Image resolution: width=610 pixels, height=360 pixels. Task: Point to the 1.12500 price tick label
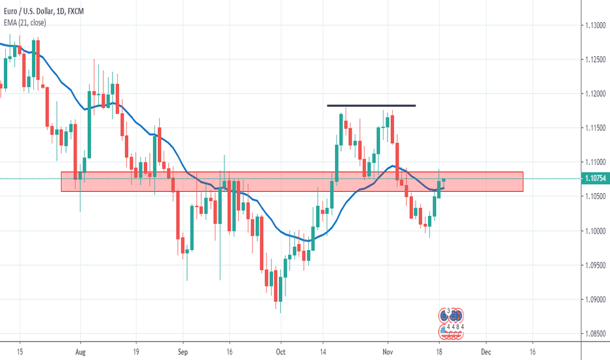594,60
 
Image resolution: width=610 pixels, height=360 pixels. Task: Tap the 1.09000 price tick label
594,300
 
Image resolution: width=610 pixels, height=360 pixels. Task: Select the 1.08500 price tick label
594,334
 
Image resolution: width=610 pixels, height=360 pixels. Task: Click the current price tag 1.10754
594,178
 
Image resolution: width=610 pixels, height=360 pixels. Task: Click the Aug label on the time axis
80,350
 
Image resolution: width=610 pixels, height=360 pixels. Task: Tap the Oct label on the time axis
280,350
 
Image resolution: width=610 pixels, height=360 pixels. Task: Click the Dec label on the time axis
486,350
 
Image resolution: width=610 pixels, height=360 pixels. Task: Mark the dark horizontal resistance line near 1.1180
371,105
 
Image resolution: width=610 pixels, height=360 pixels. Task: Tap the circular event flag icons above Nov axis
452,323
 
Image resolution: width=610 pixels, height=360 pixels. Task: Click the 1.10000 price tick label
594,231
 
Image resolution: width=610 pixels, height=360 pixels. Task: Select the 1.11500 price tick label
594,128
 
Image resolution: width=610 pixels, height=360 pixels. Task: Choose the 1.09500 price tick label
594,266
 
